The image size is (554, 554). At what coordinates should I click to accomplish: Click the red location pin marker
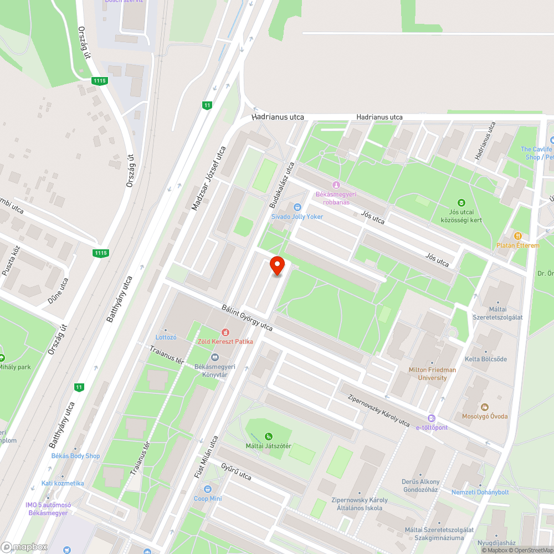[x=277, y=266]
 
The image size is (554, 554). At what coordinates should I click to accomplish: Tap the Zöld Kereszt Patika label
[x=225, y=341]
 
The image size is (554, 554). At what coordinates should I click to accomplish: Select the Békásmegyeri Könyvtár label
[x=215, y=371]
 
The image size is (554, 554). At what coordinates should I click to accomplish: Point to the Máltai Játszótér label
[x=269, y=446]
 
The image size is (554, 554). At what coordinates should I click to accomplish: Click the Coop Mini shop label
[x=208, y=498]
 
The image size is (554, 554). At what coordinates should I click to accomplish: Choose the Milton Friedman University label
[x=432, y=373]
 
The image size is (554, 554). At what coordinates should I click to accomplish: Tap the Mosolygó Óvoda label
[x=485, y=416]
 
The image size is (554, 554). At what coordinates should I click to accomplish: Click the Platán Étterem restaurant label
[x=518, y=245]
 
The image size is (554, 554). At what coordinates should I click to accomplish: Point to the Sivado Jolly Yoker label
[x=297, y=217]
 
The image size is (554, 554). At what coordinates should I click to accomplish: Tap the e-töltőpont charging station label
[x=432, y=427]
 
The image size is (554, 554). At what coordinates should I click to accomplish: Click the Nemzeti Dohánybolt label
[x=480, y=492]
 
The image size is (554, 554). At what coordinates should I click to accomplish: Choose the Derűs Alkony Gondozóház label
[x=420, y=485]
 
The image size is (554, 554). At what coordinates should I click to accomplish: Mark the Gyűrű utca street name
[x=236, y=471]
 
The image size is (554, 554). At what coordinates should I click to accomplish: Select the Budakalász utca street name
[x=281, y=184]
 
